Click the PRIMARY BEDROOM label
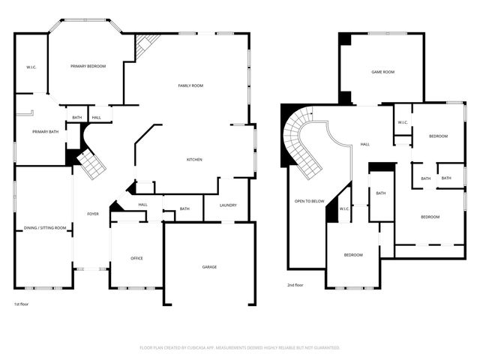[88, 67]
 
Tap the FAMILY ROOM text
[190, 86]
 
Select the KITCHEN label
[194, 160]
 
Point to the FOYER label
[92, 214]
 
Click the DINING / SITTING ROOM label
[46, 228]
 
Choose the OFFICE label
[136, 259]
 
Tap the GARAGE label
[209, 267]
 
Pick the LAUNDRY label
[228, 205]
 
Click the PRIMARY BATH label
[45, 132]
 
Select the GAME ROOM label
[382, 73]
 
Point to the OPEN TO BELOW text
[309, 201]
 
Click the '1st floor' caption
[22, 304]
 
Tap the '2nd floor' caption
[295, 285]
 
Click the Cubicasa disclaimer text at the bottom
[240, 348]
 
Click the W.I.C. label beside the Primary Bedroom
[31, 67]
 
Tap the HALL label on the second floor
[364, 144]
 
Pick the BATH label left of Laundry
[184, 209]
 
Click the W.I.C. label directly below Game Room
[402, 123]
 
